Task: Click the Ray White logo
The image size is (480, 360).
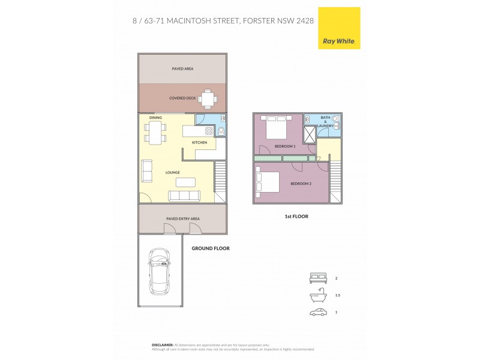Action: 338,28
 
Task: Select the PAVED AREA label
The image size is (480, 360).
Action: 182,69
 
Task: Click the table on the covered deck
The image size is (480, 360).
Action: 208,97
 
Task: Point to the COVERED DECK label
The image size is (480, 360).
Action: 182,98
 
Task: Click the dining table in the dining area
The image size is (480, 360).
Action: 155,132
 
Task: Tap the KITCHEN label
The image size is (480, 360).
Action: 200,142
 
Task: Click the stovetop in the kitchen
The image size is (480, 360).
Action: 210,131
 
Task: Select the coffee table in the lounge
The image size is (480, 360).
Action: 185,182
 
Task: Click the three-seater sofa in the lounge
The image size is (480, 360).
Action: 185,196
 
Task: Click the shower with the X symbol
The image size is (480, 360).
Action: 311,135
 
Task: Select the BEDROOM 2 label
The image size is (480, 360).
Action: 301,184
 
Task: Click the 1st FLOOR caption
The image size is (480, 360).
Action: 296,216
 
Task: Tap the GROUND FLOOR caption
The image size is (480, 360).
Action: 210,248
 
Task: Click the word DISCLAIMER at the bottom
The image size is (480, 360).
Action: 162,345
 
